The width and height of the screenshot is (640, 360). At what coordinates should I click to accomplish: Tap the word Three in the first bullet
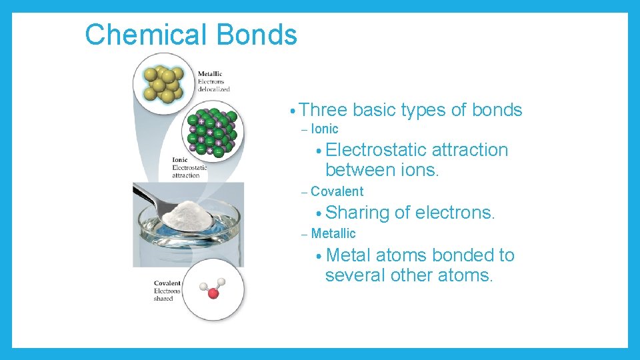pos(325,110)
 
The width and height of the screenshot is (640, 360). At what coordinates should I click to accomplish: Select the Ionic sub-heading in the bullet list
pos(325,129)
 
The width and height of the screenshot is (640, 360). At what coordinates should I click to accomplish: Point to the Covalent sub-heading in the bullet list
pos(337,192)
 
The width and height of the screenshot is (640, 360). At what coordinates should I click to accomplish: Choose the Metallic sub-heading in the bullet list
pos(333,234)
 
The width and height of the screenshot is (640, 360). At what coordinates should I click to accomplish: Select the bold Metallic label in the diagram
pos(210,74)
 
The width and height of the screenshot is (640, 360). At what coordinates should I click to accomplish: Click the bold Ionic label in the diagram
pos(180,160)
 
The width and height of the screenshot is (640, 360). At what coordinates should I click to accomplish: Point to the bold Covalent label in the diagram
pos(167,283)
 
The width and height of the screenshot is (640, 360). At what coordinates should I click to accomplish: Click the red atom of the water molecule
pos(213,293)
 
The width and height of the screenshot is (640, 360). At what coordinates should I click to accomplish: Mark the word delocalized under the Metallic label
pos(213,89)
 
